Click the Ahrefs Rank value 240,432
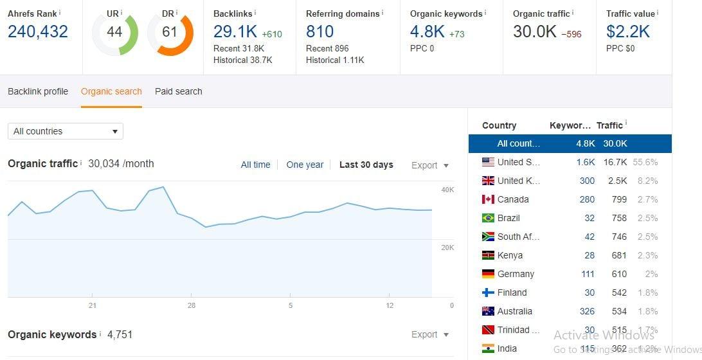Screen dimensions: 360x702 click(x=38, y=32)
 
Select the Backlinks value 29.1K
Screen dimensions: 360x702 click(x=235, y=32)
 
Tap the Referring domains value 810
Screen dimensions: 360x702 click(x=319, y=32)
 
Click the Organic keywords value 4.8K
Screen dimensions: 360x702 click(x=428, y=32)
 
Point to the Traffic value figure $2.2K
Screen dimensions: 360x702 click(x=628, y=32)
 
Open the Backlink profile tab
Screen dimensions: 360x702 click(x=38, y=91)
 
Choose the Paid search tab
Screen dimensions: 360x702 click(x=179, y=91)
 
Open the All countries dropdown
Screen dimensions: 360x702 click(x=65, y=131)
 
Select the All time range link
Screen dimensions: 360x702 click(x=255, y=165)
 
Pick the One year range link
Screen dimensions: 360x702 click(x=305, y=165)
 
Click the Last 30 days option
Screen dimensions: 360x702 click(x=366, y=165)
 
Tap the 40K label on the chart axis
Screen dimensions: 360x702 click(x=447, y=190)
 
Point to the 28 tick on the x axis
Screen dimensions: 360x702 click(x=192, y=305)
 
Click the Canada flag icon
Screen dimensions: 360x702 click(x=488, y=199)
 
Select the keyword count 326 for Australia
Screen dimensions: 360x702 click(x=587, y=311)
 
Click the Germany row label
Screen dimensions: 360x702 click(x=516, y=274)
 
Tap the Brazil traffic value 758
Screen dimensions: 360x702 click(x=618, y=218)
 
